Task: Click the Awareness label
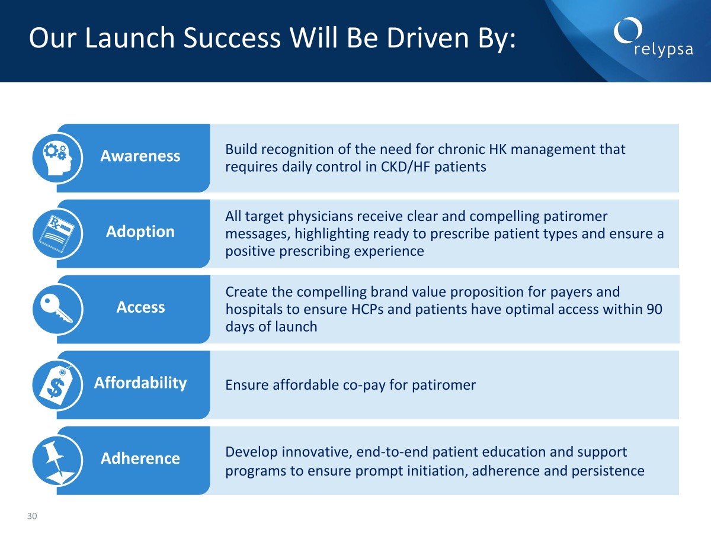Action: coord(140,156)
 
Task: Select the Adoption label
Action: coord(140,232)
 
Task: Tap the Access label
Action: coord(140,307)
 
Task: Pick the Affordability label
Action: coord(140,383)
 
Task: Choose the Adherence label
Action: coord(140,458)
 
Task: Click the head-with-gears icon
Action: coord(57,158)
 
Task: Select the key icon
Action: coord(56,309)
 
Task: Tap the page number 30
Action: coord(32,516)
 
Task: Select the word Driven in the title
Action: coord(428,38)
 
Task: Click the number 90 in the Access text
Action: coord(654,309)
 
